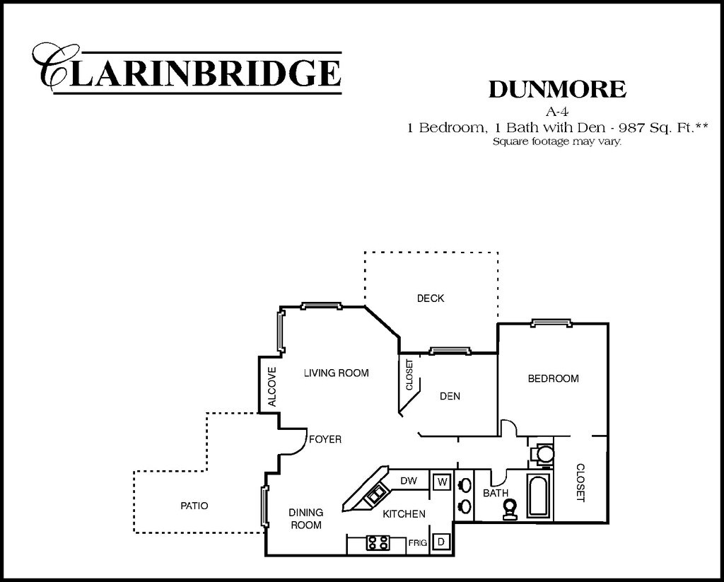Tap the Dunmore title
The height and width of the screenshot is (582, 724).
[x=557, y=89]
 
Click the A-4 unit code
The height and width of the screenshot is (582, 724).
[x=557, y=110]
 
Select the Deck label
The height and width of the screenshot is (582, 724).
[x=430, y=298]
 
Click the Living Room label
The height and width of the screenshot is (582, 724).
[x=336, y=373]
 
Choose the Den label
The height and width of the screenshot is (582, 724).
[x=450, y=396]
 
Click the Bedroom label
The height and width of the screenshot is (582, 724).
[x=553, y=378]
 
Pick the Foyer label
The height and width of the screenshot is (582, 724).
[x=325, y=440]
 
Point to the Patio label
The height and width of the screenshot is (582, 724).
[x=194, y=506]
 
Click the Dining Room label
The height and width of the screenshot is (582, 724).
[x=305, y=518]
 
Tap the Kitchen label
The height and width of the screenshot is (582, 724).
[x=404, y=514]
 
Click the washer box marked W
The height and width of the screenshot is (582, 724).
[x=442, y=482]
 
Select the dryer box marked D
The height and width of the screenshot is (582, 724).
[x=441, y=542]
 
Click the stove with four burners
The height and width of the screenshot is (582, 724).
[x=378, y=542]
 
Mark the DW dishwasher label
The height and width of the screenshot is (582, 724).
[x=409, y=481]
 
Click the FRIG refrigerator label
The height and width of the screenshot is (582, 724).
[x=416, y=543]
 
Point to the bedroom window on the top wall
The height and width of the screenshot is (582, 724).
[x=551, y=324]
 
